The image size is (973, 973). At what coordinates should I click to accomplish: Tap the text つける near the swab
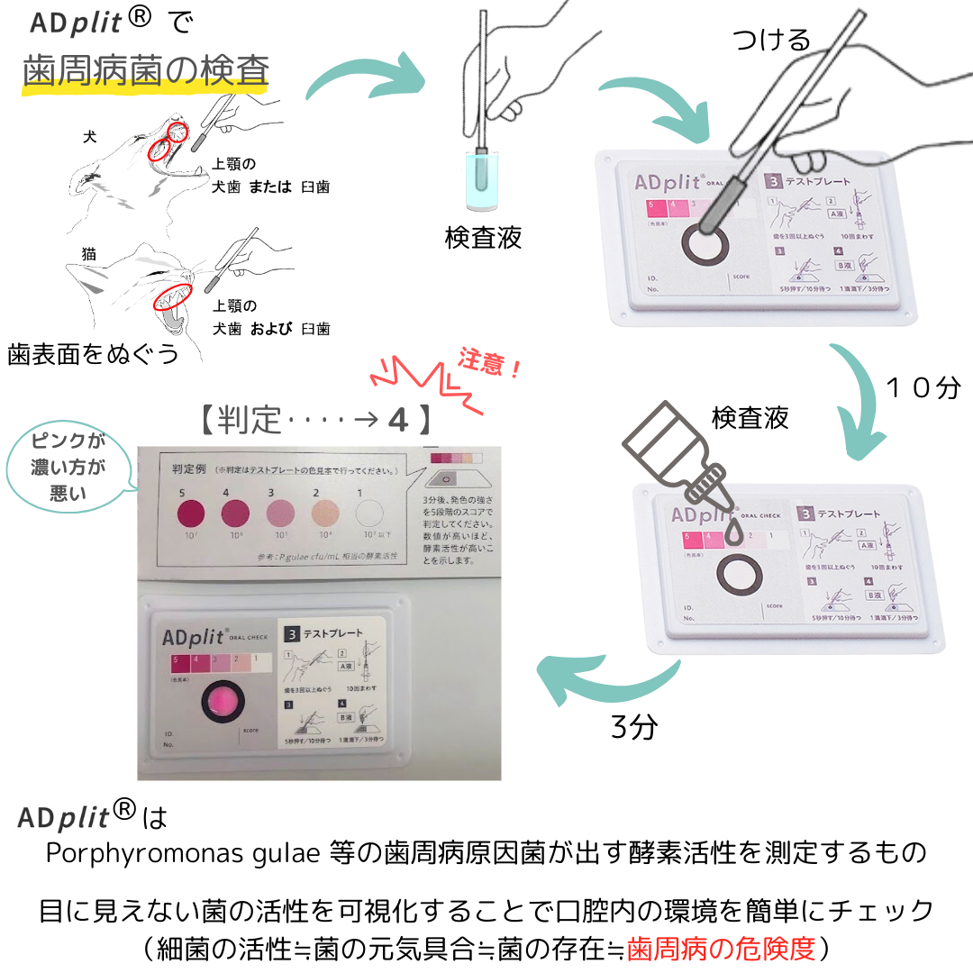770,39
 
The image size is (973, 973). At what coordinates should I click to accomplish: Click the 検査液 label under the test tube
483,238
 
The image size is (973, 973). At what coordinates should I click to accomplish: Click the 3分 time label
634,727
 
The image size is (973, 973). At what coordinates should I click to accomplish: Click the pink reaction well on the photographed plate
221,699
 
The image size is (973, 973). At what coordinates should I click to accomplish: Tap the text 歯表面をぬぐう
93,353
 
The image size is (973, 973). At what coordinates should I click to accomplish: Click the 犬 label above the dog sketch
89,136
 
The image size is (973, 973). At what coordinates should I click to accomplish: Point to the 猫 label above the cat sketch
89,256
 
